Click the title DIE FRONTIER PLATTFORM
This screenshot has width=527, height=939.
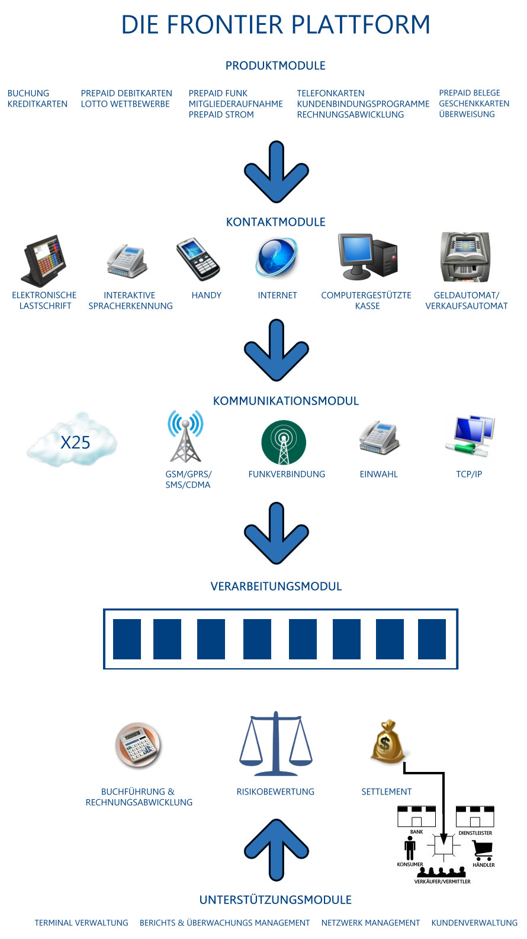[x=276, y=24]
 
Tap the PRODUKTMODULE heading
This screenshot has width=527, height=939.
[x=275, y=65]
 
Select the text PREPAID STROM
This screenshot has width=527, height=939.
[x=221, y=114]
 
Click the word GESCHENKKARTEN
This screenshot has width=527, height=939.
[x=474, y=104]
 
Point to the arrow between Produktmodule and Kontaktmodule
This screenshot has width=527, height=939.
[x=277, y=172]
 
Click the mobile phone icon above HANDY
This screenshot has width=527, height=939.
[x=198, y=259]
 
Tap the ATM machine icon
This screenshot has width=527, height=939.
[x=465, y=257]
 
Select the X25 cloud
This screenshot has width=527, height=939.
[x=72, y=440]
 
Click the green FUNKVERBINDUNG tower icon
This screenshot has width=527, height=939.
[x=284, y=443]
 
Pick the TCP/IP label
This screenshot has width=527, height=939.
[x=469, y=474]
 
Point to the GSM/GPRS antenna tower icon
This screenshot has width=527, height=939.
[x=185, y=436]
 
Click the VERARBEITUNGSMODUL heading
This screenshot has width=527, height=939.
[x=276, y=586]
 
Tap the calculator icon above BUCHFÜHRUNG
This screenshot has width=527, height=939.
[x=138, y=745]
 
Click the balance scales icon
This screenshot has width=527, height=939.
[x=276, y=743]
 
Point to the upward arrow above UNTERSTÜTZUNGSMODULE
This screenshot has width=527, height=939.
[x=277, y=850]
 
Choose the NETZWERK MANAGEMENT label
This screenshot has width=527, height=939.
[x=370, y=922]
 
